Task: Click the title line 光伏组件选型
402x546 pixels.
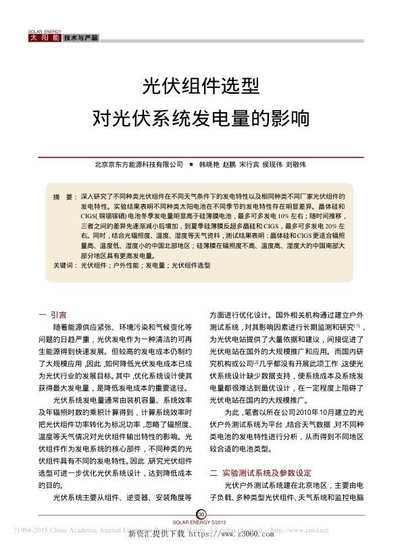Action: [200, 85]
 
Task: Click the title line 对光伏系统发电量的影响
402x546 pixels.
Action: [200, 118]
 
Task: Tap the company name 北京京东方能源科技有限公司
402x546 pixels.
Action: [139, 164]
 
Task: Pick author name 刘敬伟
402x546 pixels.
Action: [295, 164]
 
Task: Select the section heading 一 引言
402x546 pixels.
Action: [52, 314]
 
